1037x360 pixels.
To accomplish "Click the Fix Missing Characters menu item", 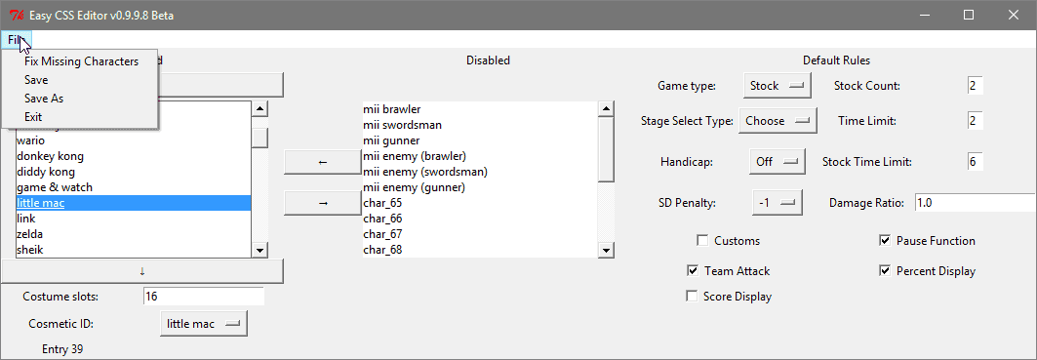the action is [x=81, y=61].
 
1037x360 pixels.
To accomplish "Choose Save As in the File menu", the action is [x=44, y=99].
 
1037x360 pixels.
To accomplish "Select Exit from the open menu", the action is [x=33, y=117].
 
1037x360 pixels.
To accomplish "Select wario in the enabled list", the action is [x=31, y=140].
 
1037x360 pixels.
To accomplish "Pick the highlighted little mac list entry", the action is [x=40, y=203].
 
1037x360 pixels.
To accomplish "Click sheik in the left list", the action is [x=30, y=250].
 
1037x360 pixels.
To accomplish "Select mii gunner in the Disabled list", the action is [x=391, y=140].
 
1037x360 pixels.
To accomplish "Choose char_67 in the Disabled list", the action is [x=383, y=234].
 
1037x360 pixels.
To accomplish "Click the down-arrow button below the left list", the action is [x=142, y=270].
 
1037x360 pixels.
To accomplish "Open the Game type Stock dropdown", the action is [x=778, y=86].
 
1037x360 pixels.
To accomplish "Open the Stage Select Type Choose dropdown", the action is [x=778, y=121].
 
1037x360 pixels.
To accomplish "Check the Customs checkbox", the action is [x=702, y=241].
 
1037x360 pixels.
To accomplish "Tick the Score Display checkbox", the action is [x=692, y=297].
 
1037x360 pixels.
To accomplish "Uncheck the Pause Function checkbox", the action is [x=885, y=241].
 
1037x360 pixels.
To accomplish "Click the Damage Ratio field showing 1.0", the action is [x=976, y=203].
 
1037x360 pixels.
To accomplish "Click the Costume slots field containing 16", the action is [x=203, y=296].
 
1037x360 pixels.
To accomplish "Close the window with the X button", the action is [x=1012, y=15].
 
